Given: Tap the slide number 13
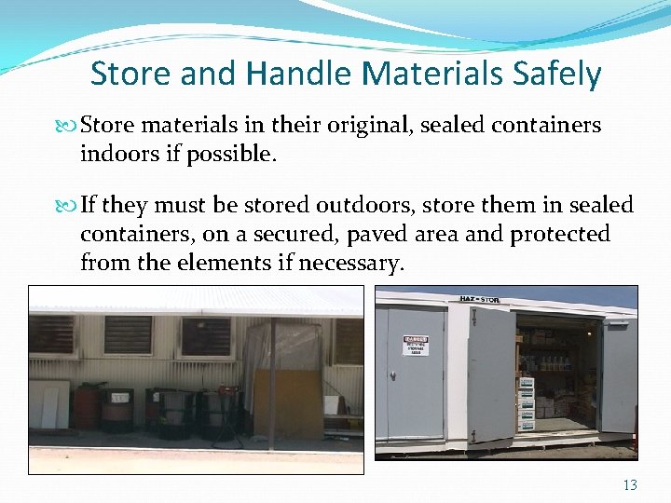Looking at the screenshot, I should click(629, 483).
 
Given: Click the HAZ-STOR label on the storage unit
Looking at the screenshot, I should click(479, 299).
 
